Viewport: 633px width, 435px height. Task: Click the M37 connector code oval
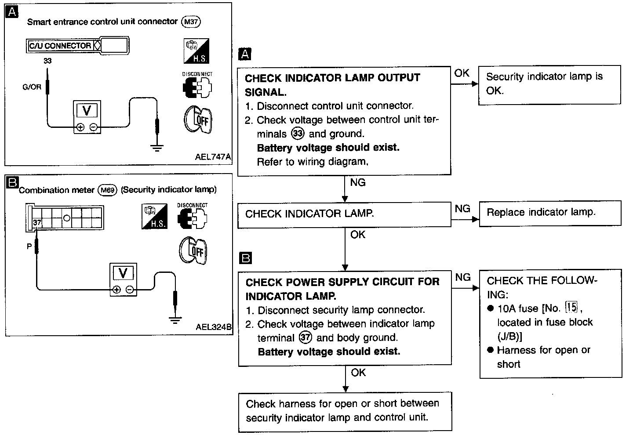tap(191, 22)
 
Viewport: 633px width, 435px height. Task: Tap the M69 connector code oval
tap(107, 190)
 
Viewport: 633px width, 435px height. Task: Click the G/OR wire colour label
tap(32, 87)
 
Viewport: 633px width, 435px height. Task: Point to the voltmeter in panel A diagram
tap(87, 117)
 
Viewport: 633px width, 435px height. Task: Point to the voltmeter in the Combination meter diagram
tap(123, 279)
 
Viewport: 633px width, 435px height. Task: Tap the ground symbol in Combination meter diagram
tap(175, 320)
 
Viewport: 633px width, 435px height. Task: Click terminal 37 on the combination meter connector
tap(37, 223)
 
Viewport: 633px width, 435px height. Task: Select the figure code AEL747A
tap(213, 156)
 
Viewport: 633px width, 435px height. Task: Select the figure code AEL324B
tap(214, 327)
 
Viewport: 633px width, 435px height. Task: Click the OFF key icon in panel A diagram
tap(198, 120)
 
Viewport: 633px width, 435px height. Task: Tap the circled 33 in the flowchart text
tap(298, 133)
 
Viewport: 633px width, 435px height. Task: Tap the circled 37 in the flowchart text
tap(305, 337)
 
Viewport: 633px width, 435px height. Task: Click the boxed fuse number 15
tap(571, 307)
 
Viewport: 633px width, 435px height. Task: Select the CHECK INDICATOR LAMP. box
tap(344, 215)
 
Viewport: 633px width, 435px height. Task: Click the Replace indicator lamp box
tap(550, 214)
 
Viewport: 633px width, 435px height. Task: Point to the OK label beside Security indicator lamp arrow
tap(462, 73)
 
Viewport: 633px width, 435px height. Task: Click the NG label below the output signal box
tap(358, 182)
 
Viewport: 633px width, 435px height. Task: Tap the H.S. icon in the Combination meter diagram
tap(155, 216)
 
